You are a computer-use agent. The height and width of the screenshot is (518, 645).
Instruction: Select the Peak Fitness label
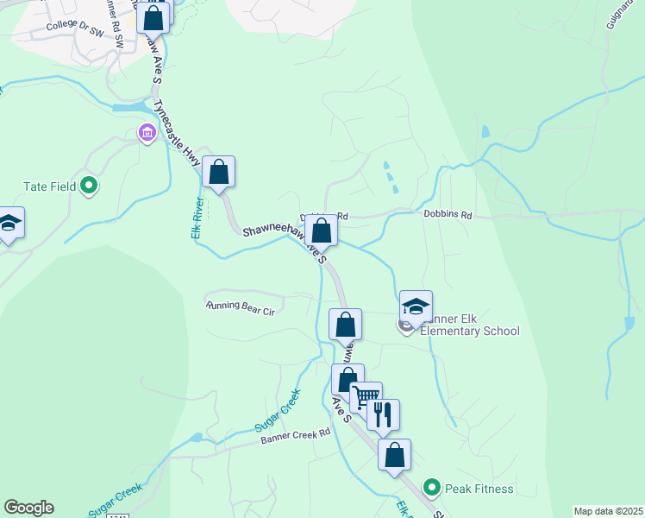click(x=479, y=489)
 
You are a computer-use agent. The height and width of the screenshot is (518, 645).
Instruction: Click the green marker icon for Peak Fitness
click(x=433, y=489)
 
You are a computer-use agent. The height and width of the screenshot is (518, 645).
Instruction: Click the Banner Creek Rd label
click(x=296, y=437)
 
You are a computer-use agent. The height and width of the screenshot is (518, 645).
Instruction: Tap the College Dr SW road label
click(x=74, y=26)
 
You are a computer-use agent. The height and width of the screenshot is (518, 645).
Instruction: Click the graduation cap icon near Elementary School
click(x=415, y=306)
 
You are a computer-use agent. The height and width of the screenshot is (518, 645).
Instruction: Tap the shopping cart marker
click(x=366, y=397)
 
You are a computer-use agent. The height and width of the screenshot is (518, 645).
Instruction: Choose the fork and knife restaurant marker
click(x=383, y=414)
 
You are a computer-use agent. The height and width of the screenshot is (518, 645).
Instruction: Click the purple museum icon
click(x=146, y=134)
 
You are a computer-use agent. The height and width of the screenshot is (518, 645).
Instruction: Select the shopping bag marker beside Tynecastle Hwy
click(x=219, y=171)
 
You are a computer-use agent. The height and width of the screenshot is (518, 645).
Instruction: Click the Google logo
click(x=28, y=508)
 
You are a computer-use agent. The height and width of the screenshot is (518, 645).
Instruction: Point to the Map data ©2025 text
click(x=608, y=511)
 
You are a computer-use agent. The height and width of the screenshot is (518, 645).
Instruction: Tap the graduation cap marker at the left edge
click(x=9, y=224)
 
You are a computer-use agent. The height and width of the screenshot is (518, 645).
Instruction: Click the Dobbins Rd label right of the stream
click(x=448, y=214)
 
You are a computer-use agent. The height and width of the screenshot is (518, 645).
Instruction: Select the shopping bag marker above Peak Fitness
click(x=394, y=454)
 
